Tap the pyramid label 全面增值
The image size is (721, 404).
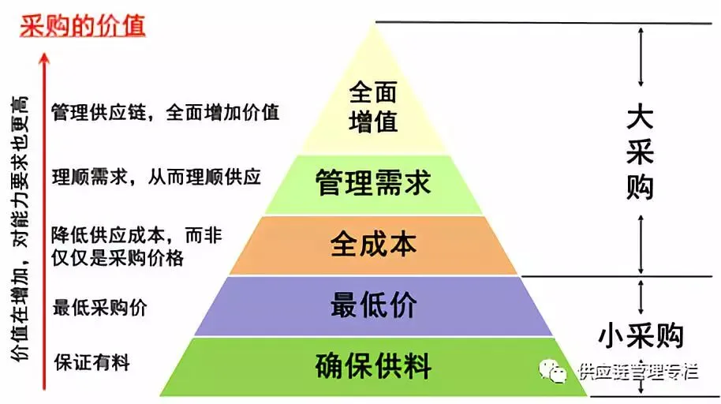(x=373, y=108)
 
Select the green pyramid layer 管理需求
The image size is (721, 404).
(x=373, y=183)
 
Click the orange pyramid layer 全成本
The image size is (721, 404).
(x=373, y=243)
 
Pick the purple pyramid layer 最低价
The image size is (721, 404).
(x=373, y=305)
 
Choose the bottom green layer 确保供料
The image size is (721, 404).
(x=373, y=366)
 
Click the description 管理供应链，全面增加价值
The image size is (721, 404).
(x=165, y=111)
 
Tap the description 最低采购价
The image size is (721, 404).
(x=99, y=307)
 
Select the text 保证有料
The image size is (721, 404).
(x=92, y=363)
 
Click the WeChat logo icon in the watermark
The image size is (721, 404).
(x=562, y=371)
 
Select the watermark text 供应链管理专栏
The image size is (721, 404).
(x=638, y=372)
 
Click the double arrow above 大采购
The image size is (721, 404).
(x=641, y=56)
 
